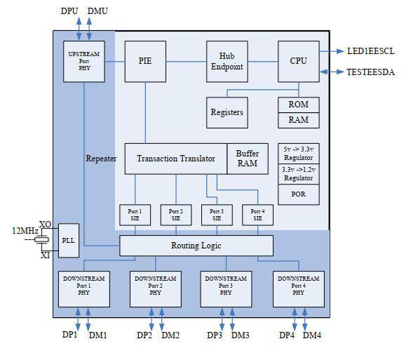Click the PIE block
145,61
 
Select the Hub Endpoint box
227,61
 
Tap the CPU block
299,61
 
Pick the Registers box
227,112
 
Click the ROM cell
299,105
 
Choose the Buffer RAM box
248,159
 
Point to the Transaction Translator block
176,159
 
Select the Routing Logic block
196,246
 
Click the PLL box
69,240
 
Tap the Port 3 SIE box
217,215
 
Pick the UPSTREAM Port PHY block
84,61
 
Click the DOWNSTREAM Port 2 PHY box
156,289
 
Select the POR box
299,194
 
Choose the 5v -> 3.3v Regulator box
299,154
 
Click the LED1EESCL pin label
371,51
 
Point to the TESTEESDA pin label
370,72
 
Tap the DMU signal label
97,11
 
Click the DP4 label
287,335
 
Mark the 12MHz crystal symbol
41,240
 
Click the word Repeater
101,159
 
